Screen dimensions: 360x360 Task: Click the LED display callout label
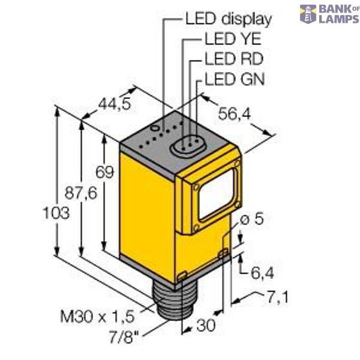[227, 19]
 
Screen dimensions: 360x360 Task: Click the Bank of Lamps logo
[329, 14]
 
